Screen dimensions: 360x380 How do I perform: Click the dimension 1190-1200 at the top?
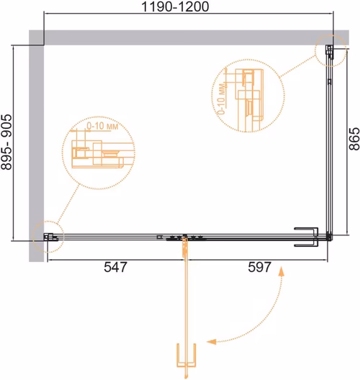175,6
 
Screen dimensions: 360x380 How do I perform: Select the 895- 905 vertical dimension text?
6,142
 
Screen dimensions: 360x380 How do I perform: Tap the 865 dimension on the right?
354,139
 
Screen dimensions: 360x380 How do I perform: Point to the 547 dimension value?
115,267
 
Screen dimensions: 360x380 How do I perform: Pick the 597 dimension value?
259,267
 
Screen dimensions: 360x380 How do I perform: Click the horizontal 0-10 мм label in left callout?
102,126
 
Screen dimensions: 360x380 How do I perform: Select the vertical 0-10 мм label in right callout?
222,99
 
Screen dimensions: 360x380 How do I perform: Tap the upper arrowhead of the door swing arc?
282,271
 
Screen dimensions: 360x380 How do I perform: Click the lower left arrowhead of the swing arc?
211,342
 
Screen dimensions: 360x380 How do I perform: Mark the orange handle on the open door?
186,355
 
